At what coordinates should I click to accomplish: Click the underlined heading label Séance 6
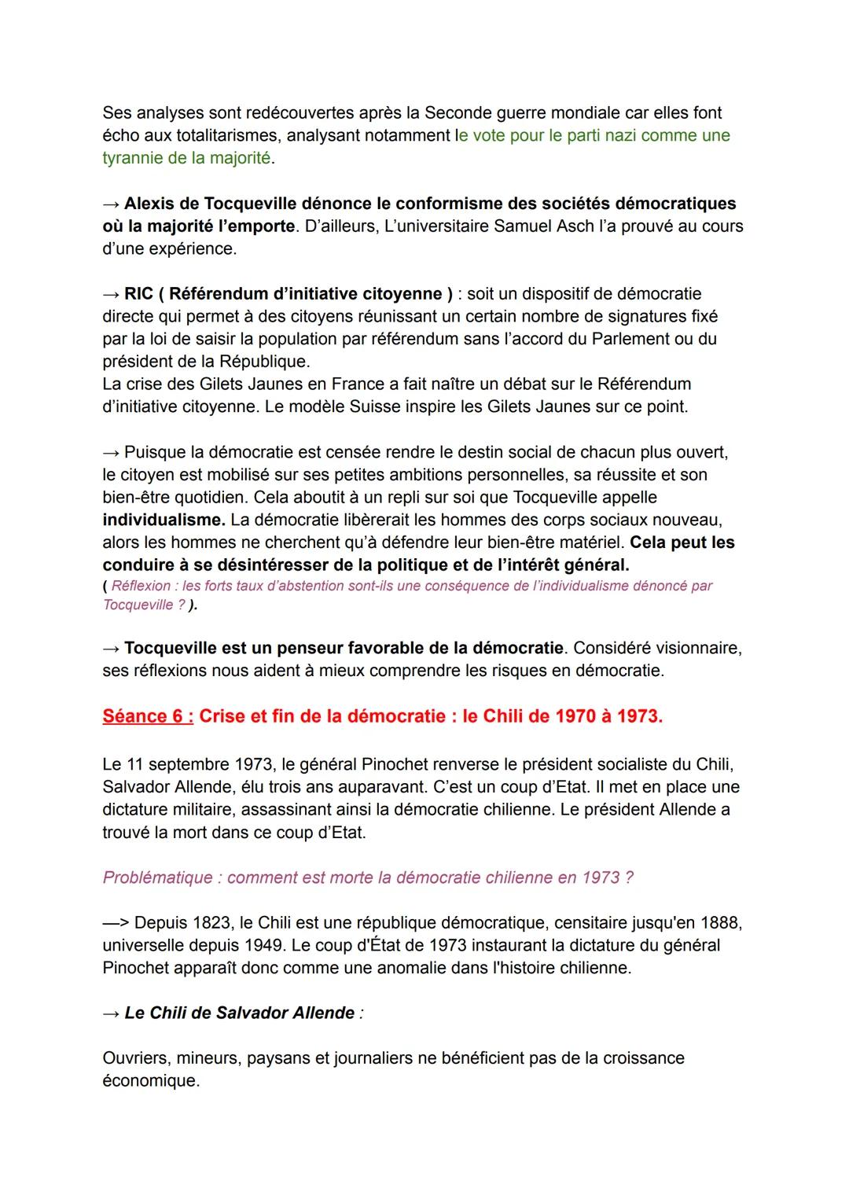coord(147,716)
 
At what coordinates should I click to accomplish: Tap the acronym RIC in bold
coord(138,294)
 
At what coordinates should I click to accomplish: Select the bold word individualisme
coord(163,520)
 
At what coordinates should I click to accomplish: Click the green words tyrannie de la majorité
coord(186,158)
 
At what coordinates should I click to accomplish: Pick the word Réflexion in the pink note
coord(141,586)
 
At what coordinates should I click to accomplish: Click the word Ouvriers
coord(134,1058)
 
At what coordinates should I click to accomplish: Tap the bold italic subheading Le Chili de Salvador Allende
coord(239,1013)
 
